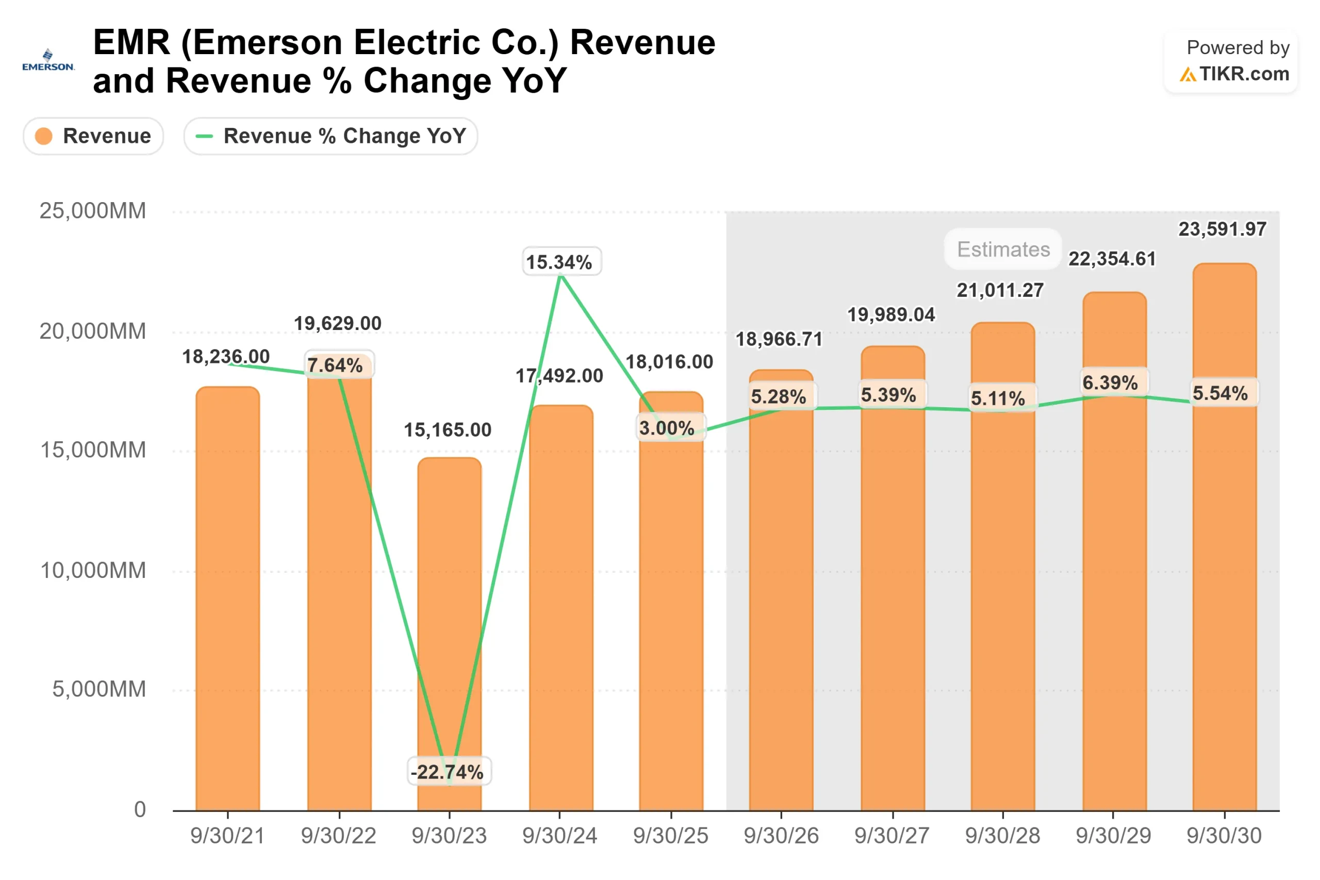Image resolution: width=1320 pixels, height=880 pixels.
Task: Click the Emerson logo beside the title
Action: pyautogui.click(x=48, y=60)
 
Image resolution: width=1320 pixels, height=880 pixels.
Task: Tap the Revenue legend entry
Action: pyautogui.click(x=93, y=136)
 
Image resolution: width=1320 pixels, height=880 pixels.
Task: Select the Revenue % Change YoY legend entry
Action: pyautogui.click(x=331, y=136)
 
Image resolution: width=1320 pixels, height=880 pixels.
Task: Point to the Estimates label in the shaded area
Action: pyautogui.click(x=1003, y=249)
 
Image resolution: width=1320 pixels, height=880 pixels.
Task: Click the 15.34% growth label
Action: pyautogui.click(x=559, y=262)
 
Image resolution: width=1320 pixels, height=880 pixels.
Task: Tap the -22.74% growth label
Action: pyautogui.click(x=447, y=772)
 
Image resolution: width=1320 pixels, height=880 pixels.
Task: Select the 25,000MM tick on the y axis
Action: pyautogui.click(x=93, y=211)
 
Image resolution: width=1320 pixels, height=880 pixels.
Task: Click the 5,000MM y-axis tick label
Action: pyautogui.click(x=99, y=689)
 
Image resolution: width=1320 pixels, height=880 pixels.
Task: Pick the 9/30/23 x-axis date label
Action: pyautogui.click(x=449, y=836)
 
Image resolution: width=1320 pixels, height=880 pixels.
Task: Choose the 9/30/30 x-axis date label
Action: pyautogui.click(x=1224, y=836)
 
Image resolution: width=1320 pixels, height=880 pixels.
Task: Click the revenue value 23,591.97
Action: pyautogui.click(x=1222, y=229)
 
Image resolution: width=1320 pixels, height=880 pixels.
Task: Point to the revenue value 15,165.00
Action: pyautogui.click(x=447, y=430)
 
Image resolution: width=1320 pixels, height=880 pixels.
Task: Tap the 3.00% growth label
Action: pyautogui.click(x=667, y=428)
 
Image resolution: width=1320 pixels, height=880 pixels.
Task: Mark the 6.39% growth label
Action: pyautogui.click(x=1110, y=383)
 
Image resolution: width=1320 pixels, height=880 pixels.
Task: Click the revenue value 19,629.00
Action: pyautogui.click(x=337, y=323)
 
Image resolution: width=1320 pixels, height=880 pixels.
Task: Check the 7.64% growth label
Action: pyautogui.click(x=335, y=366)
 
